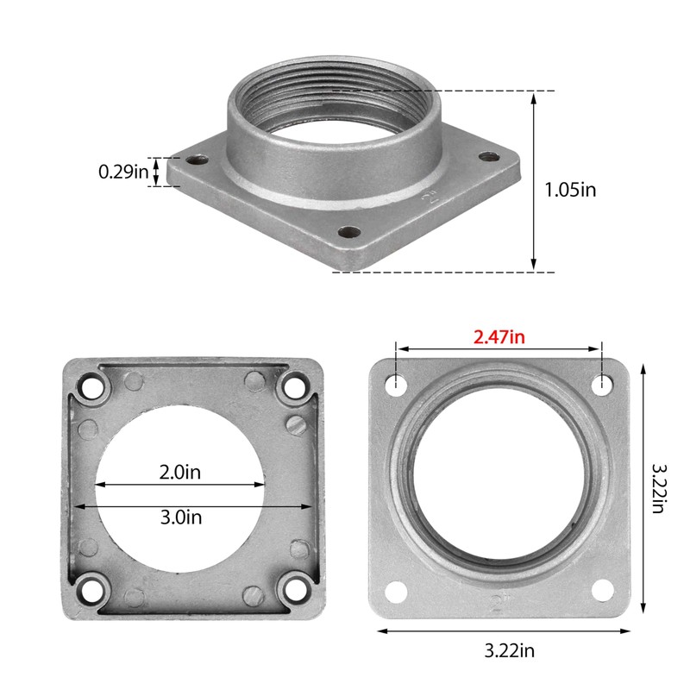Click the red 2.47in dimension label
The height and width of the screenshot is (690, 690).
pos(499,336)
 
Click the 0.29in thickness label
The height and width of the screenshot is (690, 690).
pos(123,172)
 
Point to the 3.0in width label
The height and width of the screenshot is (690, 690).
pos(181,517)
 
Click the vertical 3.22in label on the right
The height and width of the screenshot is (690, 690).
pos(657,488)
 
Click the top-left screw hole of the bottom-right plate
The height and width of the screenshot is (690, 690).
pos(396,381)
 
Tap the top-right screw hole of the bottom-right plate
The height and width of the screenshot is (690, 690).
pos(599,381)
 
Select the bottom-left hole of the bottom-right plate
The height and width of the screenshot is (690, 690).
pos(396,591)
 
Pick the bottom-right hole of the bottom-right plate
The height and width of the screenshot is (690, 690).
pos(600,591)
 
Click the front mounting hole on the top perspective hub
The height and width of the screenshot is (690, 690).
pos(349,231)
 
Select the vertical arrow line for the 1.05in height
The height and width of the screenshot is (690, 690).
pos(534,181)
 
